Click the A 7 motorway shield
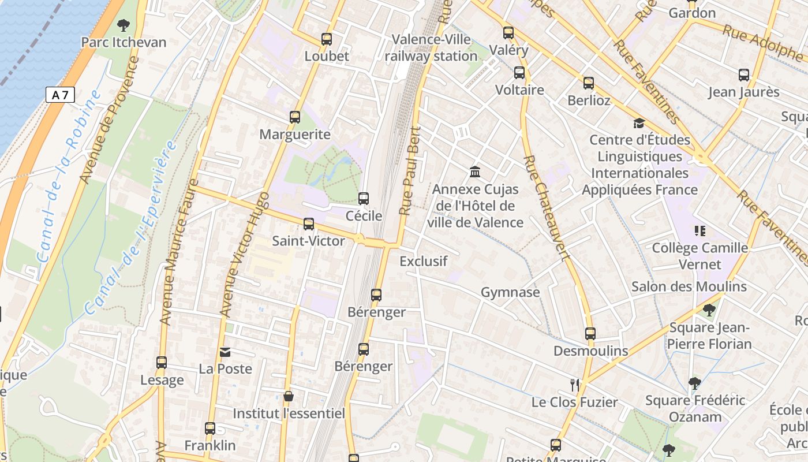[60, 95]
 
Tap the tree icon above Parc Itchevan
[123, 25]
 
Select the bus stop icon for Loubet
[327, 39]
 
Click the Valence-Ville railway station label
[431, 48]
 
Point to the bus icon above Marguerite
[295, 117]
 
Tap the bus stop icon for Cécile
[364, 199]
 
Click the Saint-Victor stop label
[308, 241]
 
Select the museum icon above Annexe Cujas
[475, 172]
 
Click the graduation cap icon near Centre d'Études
[639, 122]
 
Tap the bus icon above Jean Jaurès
[744, 74]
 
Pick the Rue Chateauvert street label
[546, 208]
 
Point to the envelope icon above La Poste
[225, 351]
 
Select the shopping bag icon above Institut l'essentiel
[288, 396]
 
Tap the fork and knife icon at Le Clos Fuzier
[574, 385]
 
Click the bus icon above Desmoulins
[590, 333]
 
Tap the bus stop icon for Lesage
[162, 363]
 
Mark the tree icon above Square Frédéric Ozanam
[695, 383]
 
